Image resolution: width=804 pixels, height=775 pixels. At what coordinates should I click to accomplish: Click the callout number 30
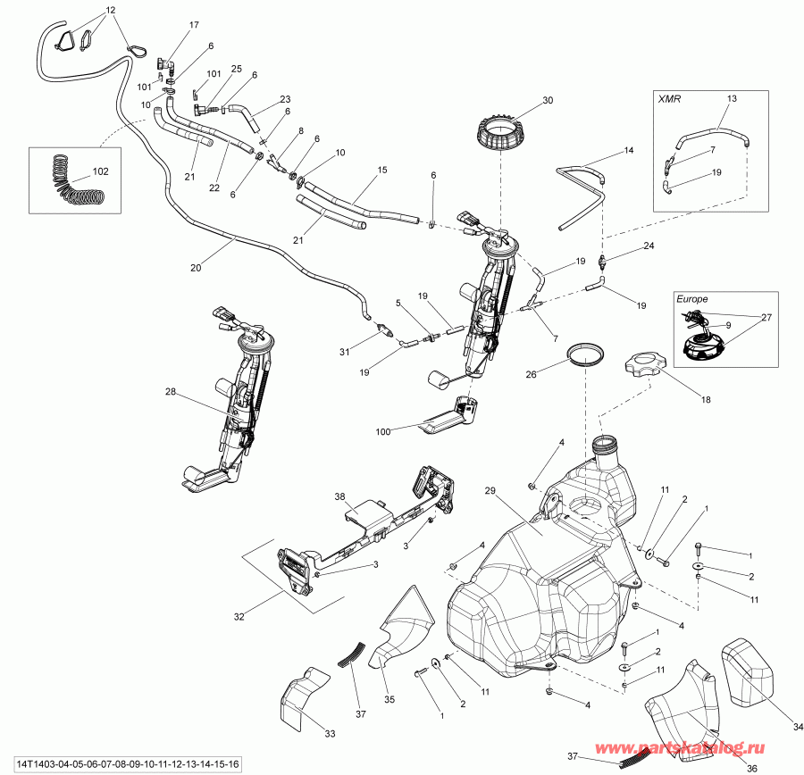pos(548,100)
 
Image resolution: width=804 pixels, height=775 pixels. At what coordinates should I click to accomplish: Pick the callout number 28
pos(171,391)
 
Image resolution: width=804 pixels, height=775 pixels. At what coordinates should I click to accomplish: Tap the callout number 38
pos(339,496)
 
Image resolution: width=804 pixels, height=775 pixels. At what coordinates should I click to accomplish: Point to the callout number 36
pos(751,767)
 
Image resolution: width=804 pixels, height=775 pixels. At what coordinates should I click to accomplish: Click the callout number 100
pos(384,432)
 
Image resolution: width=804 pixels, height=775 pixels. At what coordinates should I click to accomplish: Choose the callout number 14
pos(628,151)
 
